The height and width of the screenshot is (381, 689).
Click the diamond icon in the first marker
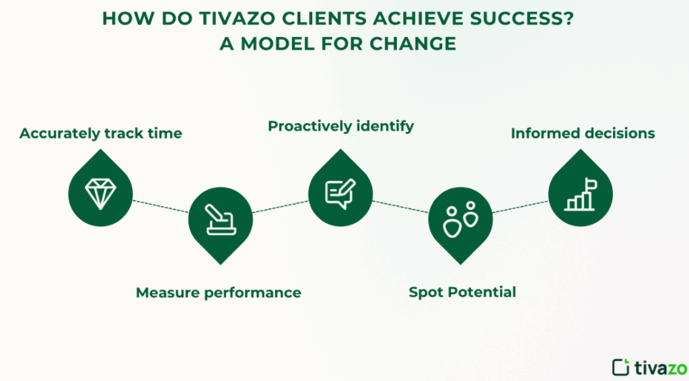(100, 193)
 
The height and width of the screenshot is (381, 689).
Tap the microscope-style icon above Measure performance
(220, 220)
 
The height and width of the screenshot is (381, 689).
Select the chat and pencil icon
(340, 193)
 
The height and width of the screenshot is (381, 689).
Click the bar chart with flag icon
(580, 193)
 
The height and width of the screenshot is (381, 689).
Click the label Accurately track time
(101, 133)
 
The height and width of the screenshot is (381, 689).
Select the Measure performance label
(218, 292)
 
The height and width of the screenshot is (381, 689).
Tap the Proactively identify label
(340, 126)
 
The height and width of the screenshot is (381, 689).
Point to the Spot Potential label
(462, 292)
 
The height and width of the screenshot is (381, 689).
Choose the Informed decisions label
(583, 133)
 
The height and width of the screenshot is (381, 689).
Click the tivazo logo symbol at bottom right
(621, 367)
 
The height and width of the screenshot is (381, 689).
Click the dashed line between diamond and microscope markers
(160, 207)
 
